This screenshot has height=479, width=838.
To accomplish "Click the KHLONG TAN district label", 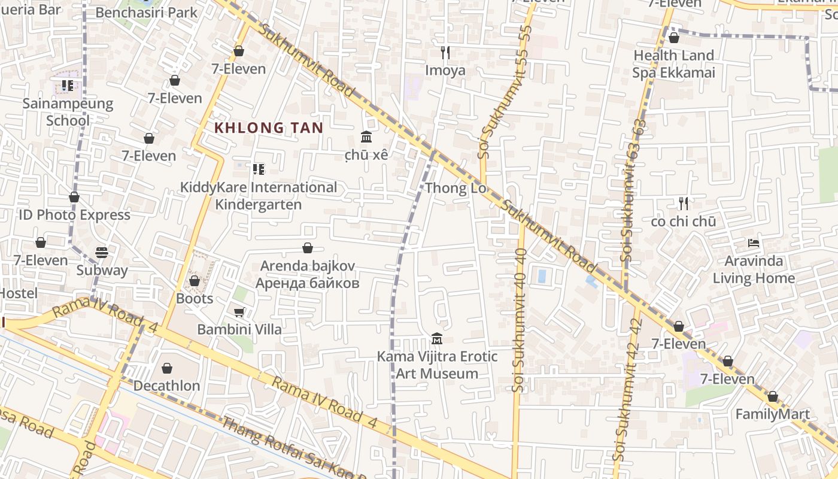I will click(269, 128).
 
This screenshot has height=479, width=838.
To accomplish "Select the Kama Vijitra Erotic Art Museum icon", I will click(437, 339).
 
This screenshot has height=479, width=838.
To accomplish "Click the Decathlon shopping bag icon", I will click(167, 368).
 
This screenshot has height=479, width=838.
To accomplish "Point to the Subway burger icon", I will click(102, 253).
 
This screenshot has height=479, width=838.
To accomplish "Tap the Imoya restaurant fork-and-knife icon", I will click(445, 53).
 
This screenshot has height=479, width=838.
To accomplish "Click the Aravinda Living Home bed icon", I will click(754, 243).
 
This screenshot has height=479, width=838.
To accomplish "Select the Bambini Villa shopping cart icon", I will click(239, 312).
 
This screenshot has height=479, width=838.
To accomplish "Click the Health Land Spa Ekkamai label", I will click(673, 64).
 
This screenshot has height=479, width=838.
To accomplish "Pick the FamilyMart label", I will click(772, 414).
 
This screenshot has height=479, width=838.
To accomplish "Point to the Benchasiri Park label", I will click(146, 12).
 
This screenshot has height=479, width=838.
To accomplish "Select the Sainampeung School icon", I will click(67, 86).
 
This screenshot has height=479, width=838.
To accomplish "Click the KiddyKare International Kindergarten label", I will click(259, 196).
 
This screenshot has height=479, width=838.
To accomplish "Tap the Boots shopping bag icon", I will click(195, 280).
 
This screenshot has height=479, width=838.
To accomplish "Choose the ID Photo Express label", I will click(74, 215).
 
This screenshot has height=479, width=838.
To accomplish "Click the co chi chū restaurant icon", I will click(684, 204).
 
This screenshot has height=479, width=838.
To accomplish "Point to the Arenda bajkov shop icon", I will click(308, 248).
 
